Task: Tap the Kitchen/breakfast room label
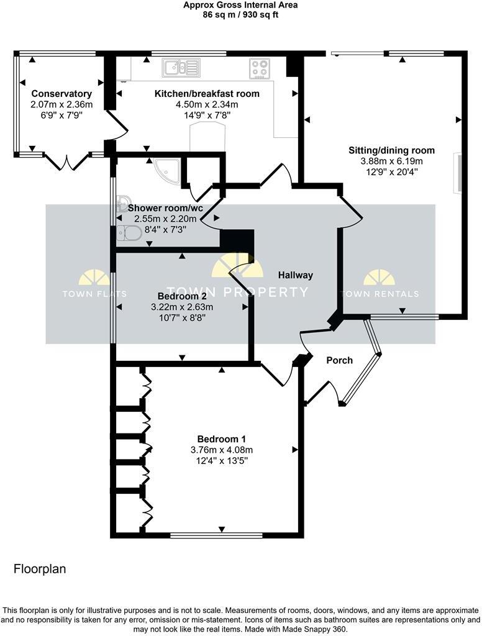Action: coord(207,94)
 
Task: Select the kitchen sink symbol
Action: coord(181,68)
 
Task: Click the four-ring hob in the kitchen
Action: coord(260,68)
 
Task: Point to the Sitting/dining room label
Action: coord(391,150)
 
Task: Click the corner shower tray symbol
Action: coord(168,170)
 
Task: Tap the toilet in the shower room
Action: coord(129,234)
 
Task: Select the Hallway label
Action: coord(295,275)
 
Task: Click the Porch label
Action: coord(339,360)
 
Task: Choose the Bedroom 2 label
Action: coord(182,296)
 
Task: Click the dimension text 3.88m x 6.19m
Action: coord(391,161)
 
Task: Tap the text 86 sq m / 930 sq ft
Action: coord(240,14)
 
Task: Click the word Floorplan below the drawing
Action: coord(40,568)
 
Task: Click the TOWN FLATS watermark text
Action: coord(94,294)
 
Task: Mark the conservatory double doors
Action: coord(69,162)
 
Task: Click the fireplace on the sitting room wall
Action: coord(460,173)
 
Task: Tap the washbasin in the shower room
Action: coord(122,201)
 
